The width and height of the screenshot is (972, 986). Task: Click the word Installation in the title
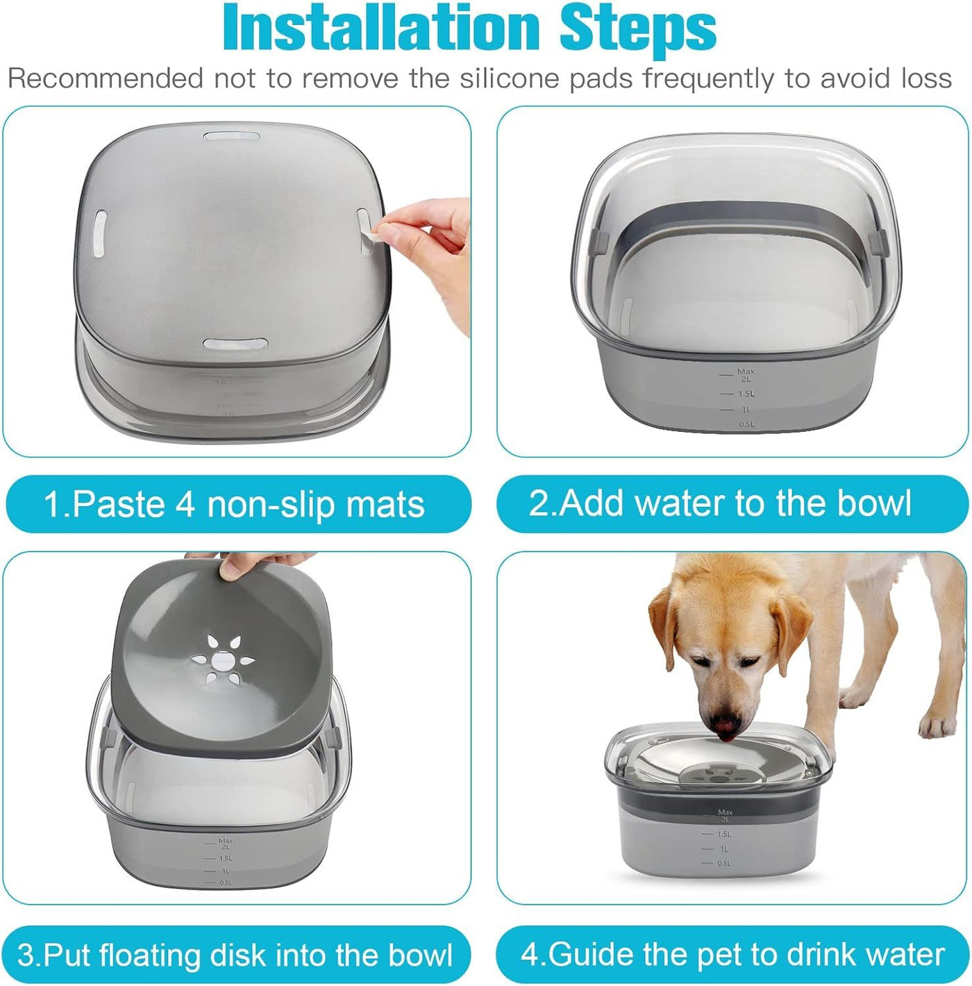click(x=381, y=26)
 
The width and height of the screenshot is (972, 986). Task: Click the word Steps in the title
click(x=638, y=30)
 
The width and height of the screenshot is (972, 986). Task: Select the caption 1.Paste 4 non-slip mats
click(x=235, y=504)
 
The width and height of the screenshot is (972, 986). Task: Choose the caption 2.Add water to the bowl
click(x=720, y=503)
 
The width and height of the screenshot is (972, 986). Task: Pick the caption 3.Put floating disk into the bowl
click(x=235, y=955)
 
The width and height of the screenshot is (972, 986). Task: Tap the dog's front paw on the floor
click(x=938, y=724)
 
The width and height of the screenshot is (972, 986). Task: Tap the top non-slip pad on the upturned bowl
click(x=231, y=137)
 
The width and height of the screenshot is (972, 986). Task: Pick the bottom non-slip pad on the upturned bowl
click(x=235, y=344)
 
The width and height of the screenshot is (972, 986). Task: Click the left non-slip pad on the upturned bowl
click(x=100, y=233)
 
